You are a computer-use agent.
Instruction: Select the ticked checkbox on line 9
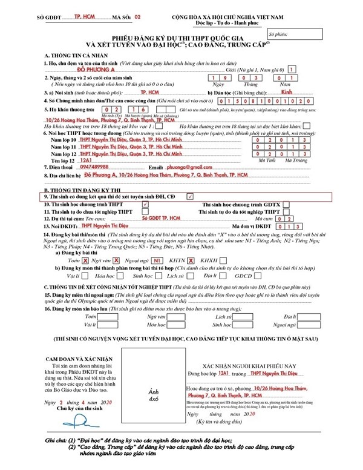click(190, 197)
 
